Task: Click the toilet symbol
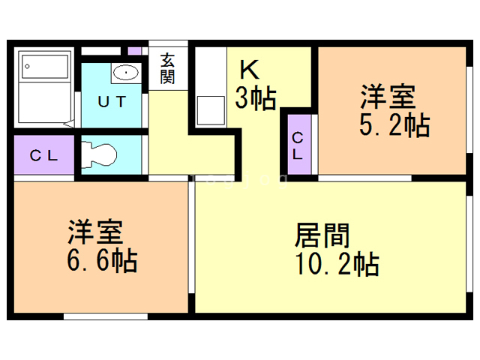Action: (x=99, y=154)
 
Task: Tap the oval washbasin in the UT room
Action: (x=126, y=73)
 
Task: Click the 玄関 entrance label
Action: (x=167, y=68)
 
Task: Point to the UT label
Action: (x=112, y=102)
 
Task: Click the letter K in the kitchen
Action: (x=250, y=70)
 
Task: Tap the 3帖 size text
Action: (x=256, y=98)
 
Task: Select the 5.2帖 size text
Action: (x=394, y=124)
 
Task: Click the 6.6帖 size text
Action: (x=102, y=261)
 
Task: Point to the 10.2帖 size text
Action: (x=337, y=263)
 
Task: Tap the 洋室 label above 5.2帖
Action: (x=388, y=96)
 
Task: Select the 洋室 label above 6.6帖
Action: (x=95, y=232)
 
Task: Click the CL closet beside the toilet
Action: (x=44, y=155)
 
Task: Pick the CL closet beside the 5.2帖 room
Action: (x=299, y=145)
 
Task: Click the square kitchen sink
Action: (x=211, y=110)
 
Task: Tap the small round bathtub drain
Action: (x=27, y=66)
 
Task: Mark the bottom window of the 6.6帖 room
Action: (x=106, y=316)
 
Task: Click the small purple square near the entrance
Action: (x=134, y=51)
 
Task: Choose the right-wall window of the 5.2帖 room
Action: (x=469, y=109)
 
